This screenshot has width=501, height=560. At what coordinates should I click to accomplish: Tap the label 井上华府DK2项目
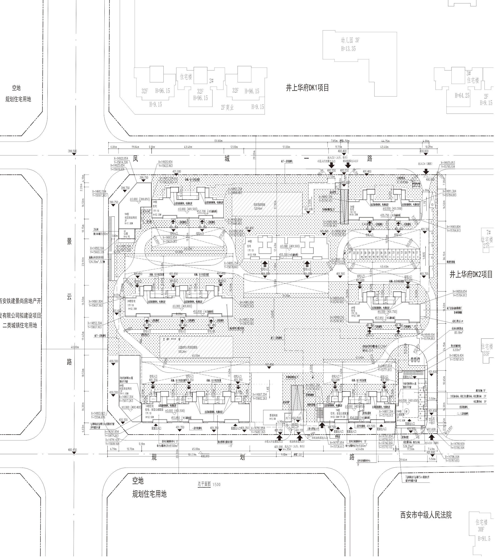pos(471,275)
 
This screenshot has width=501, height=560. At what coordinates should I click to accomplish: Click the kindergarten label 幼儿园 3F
pos(350,40)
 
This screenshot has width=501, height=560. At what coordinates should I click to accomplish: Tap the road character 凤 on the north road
pos(135,159)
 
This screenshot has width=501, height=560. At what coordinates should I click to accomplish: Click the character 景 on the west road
pos(69,241)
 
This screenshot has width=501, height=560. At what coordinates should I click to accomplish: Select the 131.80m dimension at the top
pos(218,141)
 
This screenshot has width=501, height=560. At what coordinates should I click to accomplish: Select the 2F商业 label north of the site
pos(227,108)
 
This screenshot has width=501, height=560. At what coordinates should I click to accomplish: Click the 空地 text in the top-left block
pos(16,88)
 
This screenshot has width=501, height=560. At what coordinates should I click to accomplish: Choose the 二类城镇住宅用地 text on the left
pos(20,325)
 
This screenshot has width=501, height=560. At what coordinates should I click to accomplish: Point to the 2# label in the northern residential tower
pos(211,81)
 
